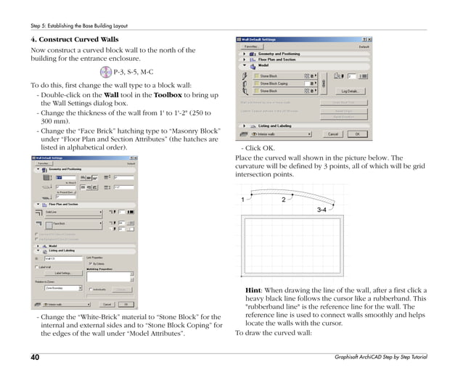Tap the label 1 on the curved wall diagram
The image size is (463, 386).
click(x=242, y=199)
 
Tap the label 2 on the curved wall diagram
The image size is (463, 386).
click(x=283, y=199)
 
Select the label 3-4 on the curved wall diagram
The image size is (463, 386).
click(x=324, y=210)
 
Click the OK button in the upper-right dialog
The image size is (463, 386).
click(x=356, y=134)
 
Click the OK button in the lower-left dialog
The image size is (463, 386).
click(x=124, y=304)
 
